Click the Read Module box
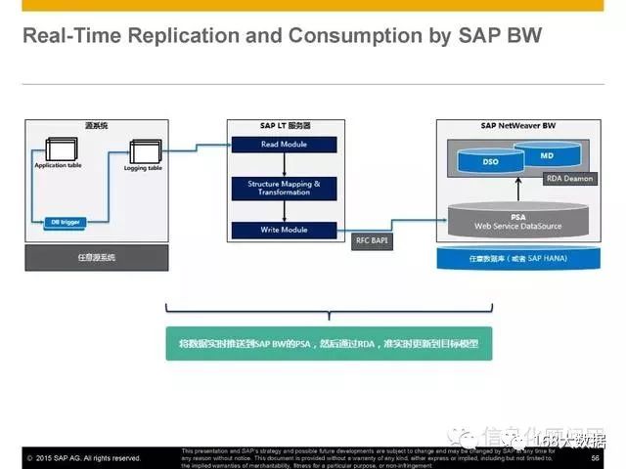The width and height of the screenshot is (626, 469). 283,145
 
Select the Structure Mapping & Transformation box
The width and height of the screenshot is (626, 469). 283,188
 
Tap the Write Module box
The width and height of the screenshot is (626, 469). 283,230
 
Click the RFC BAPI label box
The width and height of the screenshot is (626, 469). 373,240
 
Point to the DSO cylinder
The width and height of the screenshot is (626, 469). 492,161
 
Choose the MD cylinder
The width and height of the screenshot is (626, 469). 547,155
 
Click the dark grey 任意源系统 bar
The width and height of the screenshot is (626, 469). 97,257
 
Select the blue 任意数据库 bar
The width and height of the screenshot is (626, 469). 514,258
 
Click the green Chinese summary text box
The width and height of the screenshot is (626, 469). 329,343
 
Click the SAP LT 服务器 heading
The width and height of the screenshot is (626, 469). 283,126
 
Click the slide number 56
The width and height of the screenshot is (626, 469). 594,456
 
